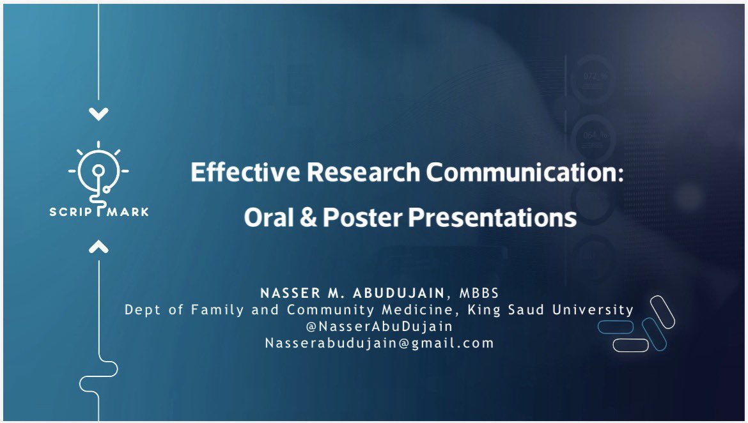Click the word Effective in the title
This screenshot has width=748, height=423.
[x=245, y=172]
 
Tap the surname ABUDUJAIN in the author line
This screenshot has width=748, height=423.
[x=398, y=293]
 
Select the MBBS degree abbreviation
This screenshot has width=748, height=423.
[x=479, y=293]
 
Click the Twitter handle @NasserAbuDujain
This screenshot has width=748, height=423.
[x=379, y=327]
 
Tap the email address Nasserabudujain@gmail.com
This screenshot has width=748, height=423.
[x=379, y=343]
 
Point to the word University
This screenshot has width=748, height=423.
[x=593, y=310]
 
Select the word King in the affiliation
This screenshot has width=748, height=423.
[x=484, y=310]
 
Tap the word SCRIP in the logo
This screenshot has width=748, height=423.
[x=71, y=211]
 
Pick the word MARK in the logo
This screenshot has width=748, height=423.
[x=127, y=211]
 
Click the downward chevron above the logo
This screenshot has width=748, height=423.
[x=98, y=114]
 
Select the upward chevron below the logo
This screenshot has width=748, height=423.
[x=98, y=247]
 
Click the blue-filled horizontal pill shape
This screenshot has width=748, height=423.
[x=616, y=327]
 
